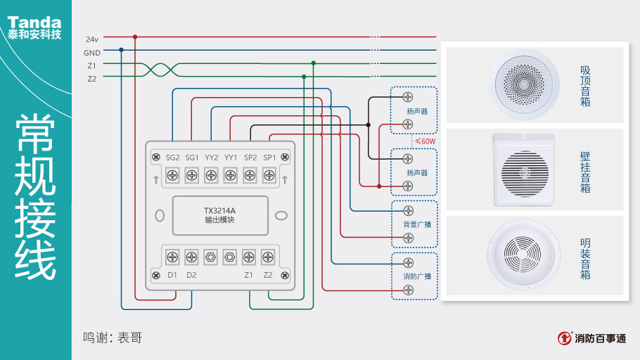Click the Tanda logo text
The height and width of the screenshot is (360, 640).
[34, 22]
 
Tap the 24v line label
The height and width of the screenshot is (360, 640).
[92, 39]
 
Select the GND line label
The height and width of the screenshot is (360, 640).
[92, 53]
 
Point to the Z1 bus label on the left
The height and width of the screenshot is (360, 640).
[92, 65]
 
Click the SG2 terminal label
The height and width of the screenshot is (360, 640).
[172, 157]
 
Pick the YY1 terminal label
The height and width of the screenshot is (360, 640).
[231, 157]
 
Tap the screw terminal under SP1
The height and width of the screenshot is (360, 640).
[269, 175]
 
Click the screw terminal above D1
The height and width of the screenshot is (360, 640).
[172, 257]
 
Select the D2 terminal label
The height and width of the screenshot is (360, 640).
[192, 275]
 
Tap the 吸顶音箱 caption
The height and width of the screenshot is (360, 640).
[585, 86]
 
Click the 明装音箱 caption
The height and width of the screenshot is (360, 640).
[585, 258]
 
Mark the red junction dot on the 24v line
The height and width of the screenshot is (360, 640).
[135, 37]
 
